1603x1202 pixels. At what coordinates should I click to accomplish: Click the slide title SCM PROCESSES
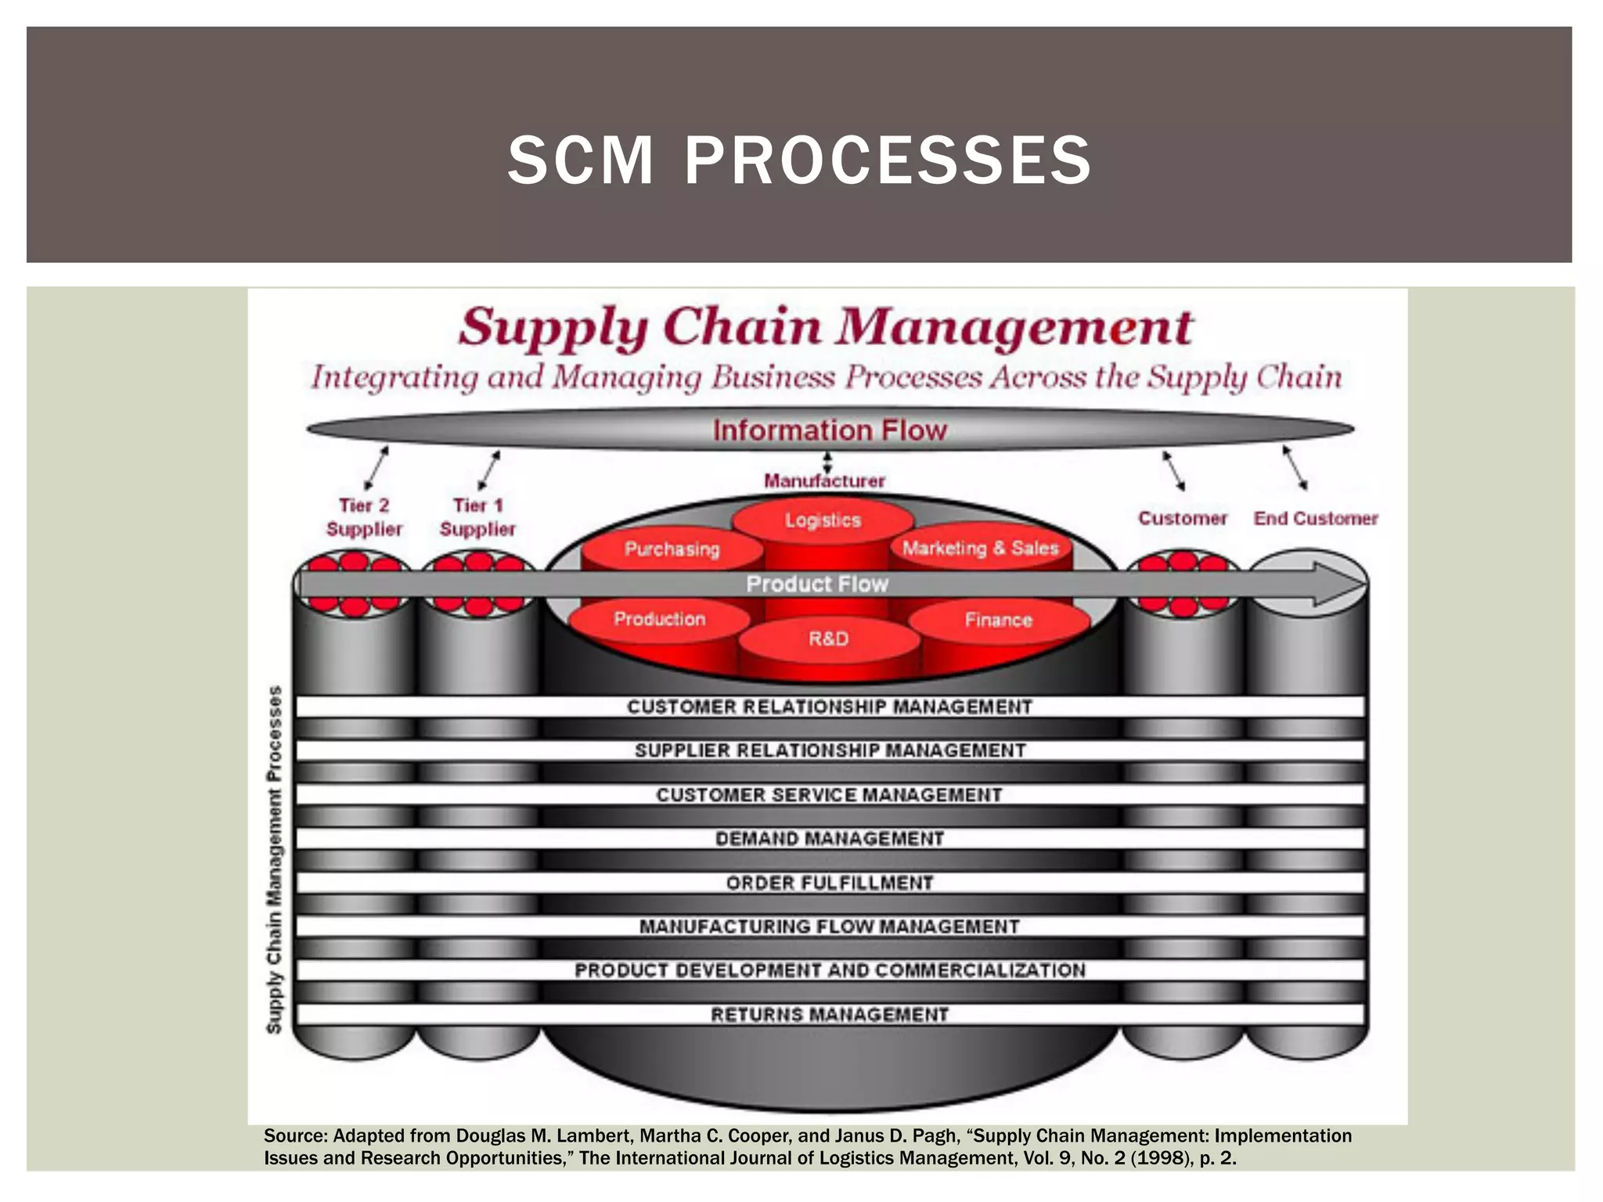coord(799,160)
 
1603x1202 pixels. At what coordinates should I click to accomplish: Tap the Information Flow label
coord(830,430)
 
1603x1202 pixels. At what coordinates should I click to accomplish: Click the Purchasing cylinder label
coord(672,549)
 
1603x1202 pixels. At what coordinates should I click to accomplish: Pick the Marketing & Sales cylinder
coord(980,548)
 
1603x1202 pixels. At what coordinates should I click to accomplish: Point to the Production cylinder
coord(659,619)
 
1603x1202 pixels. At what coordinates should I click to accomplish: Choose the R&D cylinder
coord(828,639)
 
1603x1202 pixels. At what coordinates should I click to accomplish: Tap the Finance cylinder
coord(998,620)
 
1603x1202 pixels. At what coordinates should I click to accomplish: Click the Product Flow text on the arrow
coord(817,584)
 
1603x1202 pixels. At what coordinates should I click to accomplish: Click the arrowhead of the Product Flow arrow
coord(1339,584)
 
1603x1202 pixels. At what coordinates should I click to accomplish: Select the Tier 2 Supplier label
coord(364,517)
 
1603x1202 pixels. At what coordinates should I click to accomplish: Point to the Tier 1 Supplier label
coord(477,517)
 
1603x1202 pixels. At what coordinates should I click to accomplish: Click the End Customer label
coord(1316,518)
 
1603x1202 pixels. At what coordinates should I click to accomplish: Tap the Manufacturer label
coord(824,480)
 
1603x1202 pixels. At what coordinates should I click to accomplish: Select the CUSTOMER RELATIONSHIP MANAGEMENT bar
coord(830,707)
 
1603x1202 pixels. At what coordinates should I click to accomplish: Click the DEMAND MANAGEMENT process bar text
coord(830,839)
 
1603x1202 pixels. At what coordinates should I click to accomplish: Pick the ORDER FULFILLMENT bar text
coord(830,883)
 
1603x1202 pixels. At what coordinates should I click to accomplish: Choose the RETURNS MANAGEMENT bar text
coord(830,1014)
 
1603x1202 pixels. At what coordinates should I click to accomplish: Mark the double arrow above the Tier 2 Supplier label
coord(376,467)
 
